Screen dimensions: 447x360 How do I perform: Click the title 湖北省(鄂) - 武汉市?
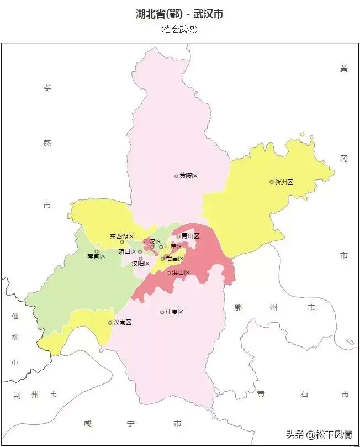179,14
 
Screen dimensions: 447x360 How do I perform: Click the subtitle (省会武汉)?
179,30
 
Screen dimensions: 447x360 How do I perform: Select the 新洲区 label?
284,182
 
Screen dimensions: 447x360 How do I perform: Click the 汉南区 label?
123,323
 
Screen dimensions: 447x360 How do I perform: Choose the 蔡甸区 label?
96,257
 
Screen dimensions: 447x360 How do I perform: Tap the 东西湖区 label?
121,236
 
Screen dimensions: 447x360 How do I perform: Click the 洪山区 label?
181,272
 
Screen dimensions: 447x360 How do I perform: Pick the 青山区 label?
190,236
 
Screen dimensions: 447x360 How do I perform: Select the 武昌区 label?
174,259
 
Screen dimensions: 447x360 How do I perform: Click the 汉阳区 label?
140,264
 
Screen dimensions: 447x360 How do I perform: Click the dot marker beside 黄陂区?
176,176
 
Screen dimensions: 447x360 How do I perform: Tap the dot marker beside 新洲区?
271,182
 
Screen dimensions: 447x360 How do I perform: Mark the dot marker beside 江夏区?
162,312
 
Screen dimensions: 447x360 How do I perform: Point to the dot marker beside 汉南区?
110,323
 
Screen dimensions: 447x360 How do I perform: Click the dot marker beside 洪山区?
168,272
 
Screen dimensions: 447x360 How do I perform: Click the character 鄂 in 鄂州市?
238,307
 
